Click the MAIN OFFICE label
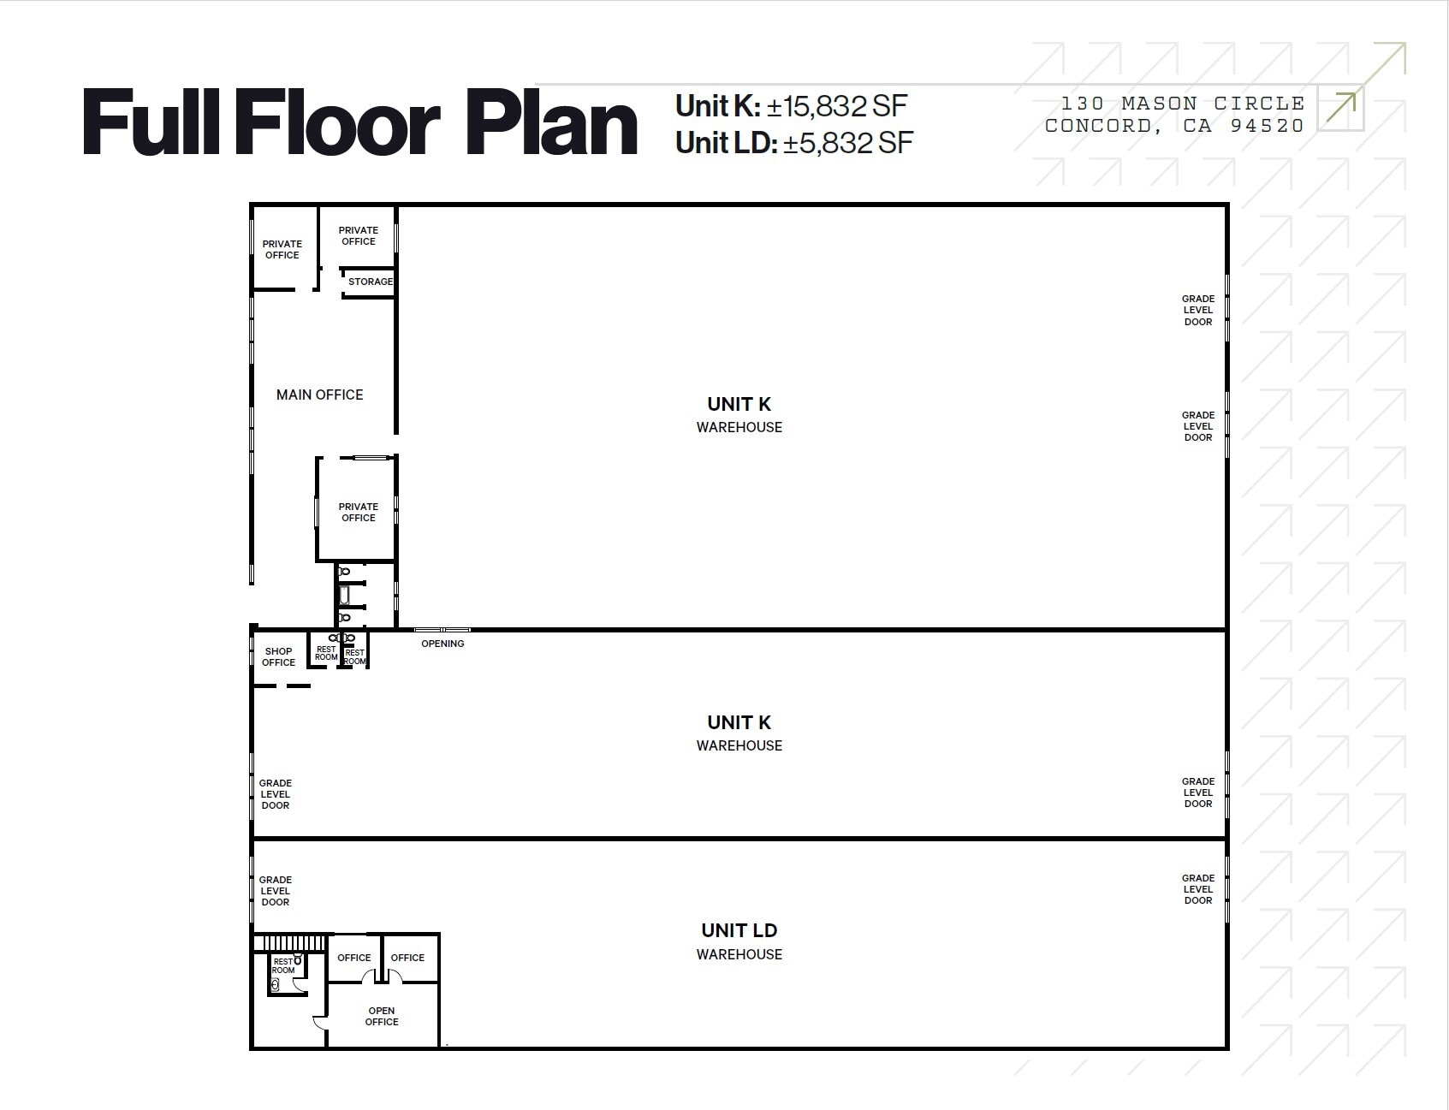[x=319, y=395]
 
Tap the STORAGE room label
[x=370, y=282]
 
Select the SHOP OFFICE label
[x=278, y=656]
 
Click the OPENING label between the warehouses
[x=442, y=644]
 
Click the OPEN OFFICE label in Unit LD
[x=382, y=1016]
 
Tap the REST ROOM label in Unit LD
[x=283, y=966]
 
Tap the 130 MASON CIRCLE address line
[x=1182, y=104]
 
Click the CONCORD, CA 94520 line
[x=1174, y=126]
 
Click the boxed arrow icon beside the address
[x=1340, y=108]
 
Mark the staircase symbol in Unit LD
[x=291, y=943]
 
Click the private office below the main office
[x=358, y=512]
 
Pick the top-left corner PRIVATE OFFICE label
[x=282, y=249]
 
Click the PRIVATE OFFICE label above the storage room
[x=358, y=235]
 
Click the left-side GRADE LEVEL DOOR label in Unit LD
[x=275, y=891]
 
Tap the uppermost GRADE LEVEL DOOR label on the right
[x=1197, y=310]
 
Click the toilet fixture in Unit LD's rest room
[x=275, y=985]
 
